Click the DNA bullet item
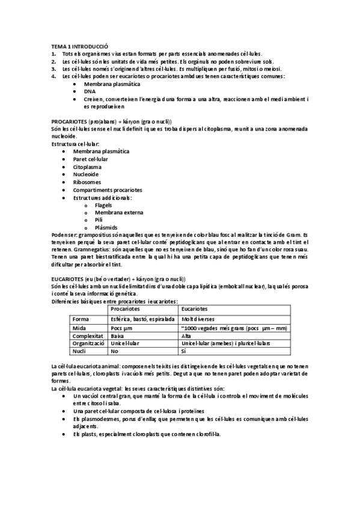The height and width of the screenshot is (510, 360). coord(90,92)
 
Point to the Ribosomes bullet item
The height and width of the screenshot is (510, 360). coord(87,182)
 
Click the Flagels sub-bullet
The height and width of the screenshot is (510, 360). coord(103,205)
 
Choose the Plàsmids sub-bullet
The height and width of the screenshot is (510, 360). coord(105,228)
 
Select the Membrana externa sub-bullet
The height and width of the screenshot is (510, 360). coord(115,213)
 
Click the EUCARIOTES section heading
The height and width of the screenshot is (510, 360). coord(118,280)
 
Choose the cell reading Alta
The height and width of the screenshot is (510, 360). coord(186,336)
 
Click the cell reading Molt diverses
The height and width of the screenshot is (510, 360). coord(200,318)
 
